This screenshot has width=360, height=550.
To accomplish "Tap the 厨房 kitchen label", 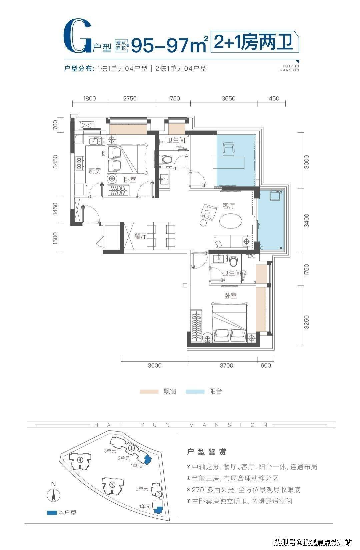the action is tap(95, 171).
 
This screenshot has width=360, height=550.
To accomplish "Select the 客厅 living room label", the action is tap(229, 206).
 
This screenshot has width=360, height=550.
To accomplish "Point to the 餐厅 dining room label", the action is tap(140, 236).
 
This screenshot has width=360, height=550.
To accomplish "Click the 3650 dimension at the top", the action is tap(228, 98).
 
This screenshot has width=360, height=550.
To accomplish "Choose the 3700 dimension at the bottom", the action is tap(226, 365).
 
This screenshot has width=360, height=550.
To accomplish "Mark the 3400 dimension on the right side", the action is tap(307, 220).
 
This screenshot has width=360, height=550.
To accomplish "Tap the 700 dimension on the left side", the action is tap(55, 125).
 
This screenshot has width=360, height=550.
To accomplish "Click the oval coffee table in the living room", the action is tap(231, 221).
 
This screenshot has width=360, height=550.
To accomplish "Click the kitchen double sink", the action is tap(95, 141).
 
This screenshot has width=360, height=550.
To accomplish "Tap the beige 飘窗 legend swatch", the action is tap(149, 391).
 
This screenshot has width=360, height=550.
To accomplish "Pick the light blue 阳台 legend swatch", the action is tap(195, 391).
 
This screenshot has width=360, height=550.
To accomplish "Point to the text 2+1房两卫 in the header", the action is tap(254, 42).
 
